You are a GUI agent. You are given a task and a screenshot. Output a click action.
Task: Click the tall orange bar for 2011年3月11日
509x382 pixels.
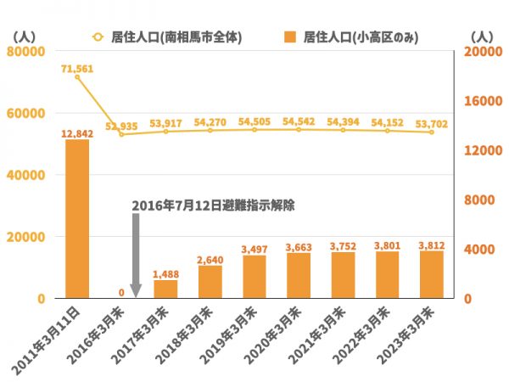(x=77, y=219)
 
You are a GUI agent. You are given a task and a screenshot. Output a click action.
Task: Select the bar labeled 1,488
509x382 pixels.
(x=166, y=289)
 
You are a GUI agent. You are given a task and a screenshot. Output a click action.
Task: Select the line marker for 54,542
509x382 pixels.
(x=299, y=129)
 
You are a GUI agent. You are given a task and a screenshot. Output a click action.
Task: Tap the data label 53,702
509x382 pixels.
(x=432, y=122)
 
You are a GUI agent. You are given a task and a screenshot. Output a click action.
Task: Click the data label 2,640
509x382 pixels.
(x=210, y=260)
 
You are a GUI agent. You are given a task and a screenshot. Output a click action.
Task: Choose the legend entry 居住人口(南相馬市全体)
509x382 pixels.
(x=168, y=37)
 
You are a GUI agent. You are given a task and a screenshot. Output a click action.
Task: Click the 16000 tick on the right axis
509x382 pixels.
(x=480, y=101)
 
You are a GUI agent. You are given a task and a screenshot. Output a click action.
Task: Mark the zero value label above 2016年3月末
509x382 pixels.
(x=121, y=293)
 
